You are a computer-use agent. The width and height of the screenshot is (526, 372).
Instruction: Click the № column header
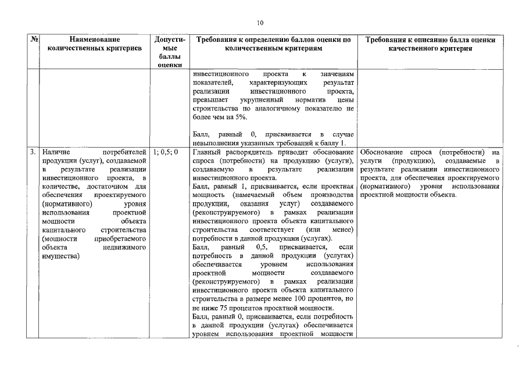point(34,40)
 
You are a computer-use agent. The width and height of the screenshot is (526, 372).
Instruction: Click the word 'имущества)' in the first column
point(62,256)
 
